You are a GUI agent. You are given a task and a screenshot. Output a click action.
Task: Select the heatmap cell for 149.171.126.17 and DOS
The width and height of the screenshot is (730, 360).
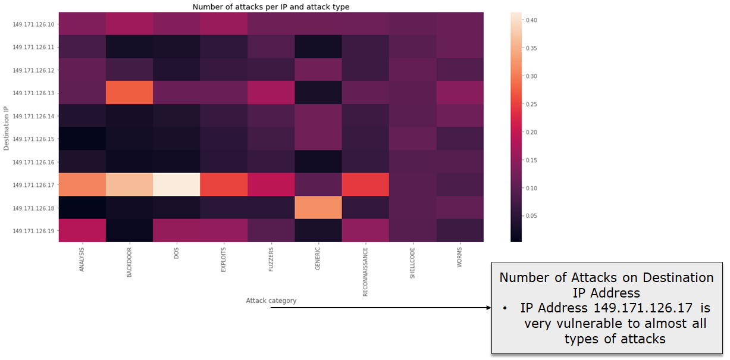pyautogui.click(x=177, y=184)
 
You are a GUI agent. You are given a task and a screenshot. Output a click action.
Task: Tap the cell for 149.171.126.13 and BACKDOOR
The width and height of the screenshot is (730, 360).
pyautogui.click(x=130, y=93)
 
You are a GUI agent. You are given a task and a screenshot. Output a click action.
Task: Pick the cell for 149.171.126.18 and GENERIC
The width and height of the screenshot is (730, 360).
pyautogui.click(x=319, y=208)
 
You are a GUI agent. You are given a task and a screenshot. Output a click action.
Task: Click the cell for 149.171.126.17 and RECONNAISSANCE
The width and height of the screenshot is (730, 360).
pyautogui.click(x=366, y=184)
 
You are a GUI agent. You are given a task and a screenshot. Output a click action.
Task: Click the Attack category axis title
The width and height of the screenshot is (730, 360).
pyautogui.click(x=271, y=300)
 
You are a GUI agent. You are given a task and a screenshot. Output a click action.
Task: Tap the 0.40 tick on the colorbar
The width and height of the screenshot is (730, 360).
pyautogui.click(x=531, y=20)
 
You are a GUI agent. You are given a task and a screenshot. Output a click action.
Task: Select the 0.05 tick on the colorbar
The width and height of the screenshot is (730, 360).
pyautogui.click(x=531, y=215)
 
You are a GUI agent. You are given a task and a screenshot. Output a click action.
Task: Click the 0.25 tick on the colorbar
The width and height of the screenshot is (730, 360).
pyautogui.click(x=531, y=104)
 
